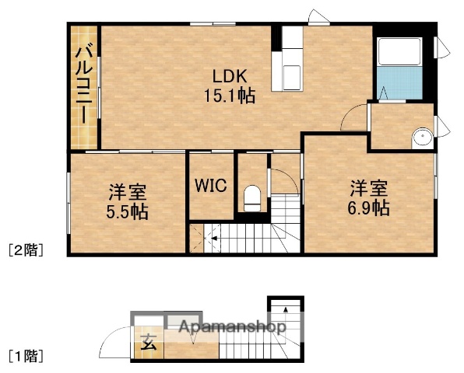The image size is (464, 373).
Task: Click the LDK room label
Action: (x=230, y=76)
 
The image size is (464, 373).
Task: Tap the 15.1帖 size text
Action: (x=230, y=96)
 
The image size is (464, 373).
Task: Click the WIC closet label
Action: (x=210, y=186)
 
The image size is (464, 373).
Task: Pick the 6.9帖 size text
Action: (x=368, y=207)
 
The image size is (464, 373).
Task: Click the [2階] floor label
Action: (x=25, y=250)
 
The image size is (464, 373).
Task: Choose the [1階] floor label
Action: (x=25, y=357)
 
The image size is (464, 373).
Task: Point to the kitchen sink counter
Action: (x=292, y=62)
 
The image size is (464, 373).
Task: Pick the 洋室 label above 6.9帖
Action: (x=368, y=188)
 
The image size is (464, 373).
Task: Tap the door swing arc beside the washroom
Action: (x=356, y=115)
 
